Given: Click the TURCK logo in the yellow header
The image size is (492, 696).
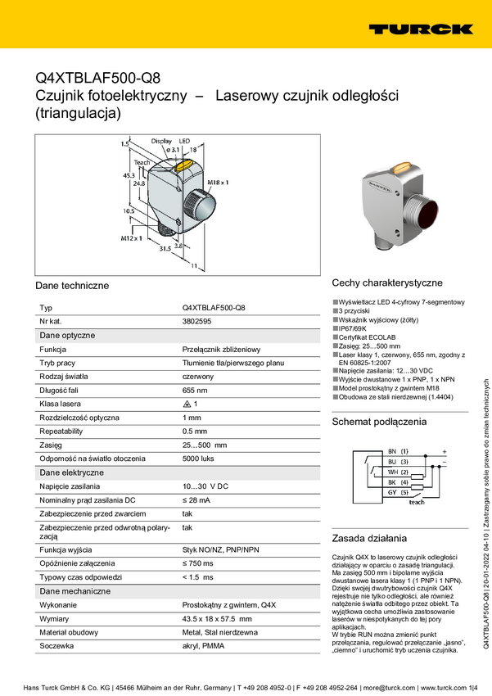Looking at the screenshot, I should pos(420,29).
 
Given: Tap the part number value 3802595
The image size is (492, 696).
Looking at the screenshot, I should pos(199,322).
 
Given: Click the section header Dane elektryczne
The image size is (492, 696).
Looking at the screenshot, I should pos(72,472).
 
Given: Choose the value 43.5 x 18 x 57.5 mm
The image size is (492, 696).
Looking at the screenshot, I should pos(216,619).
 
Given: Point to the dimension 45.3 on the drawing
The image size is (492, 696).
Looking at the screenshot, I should pos(128,175).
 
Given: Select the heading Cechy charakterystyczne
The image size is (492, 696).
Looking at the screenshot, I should pos(386,282).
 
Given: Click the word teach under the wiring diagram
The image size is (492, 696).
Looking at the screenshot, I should pos(417,502).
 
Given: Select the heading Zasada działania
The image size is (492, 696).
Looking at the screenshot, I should pos(368,539).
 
